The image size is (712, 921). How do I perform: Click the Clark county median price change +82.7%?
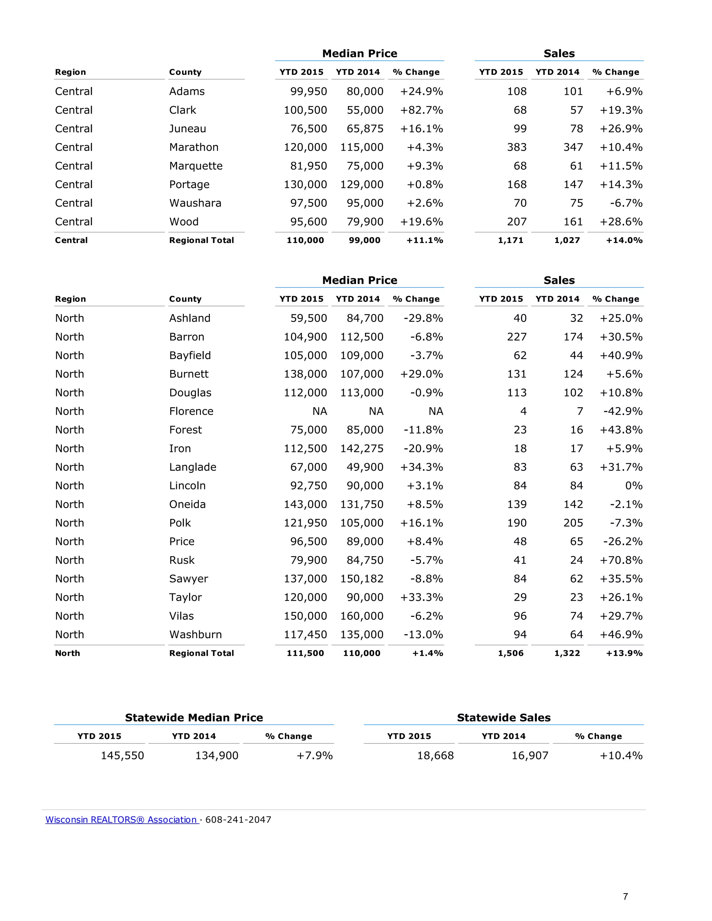421,110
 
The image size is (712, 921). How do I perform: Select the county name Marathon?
194,147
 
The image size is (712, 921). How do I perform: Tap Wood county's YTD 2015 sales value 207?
517,222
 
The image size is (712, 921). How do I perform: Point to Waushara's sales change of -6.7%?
626,203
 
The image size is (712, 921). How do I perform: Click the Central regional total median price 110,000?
305,241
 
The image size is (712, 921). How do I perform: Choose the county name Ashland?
189,318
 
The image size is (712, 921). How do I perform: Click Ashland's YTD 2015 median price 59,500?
308,318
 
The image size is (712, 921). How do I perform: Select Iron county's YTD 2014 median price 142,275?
362,449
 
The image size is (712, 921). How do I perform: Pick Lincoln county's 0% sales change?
633,486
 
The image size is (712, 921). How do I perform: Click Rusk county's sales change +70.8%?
621,561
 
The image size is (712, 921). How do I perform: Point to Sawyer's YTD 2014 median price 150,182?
362,579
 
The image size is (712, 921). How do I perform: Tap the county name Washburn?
195,635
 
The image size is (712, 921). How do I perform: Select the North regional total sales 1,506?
510,653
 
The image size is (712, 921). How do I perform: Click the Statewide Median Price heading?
194,718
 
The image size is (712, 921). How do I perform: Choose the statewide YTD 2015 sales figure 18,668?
435,756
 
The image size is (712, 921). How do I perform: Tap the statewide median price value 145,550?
122,756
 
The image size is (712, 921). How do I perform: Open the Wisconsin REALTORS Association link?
121,820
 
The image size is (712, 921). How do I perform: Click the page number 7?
625,897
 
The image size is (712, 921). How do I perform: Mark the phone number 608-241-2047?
238,820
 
